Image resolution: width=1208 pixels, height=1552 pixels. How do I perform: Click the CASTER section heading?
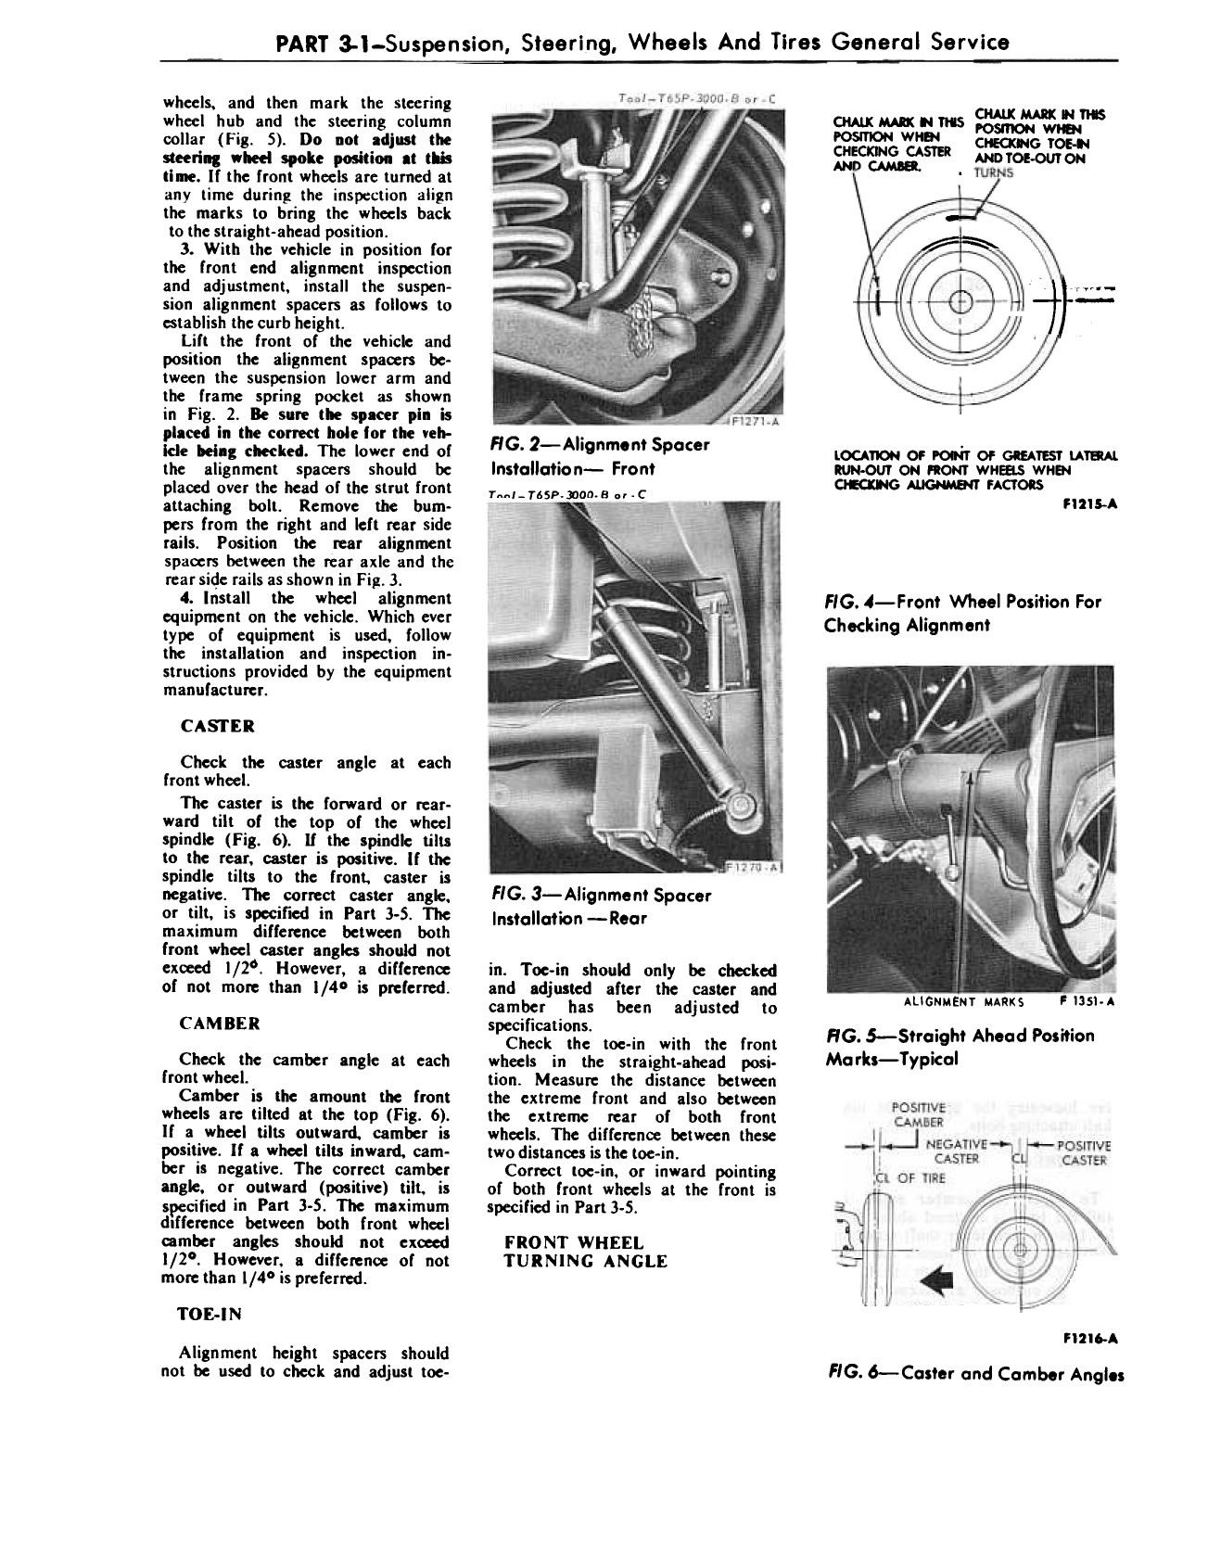point(218,725)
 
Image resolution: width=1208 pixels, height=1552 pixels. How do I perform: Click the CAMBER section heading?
point(220,1024)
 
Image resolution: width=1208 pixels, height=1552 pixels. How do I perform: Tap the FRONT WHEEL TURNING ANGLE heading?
point(585,1252)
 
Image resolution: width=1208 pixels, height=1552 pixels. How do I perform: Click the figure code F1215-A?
point(1094,508)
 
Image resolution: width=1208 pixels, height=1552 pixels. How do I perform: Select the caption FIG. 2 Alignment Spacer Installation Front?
point(598,456)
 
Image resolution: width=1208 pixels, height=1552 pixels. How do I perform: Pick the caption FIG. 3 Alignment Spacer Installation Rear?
point(599,907)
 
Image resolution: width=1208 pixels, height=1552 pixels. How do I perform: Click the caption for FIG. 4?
point(961,613)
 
